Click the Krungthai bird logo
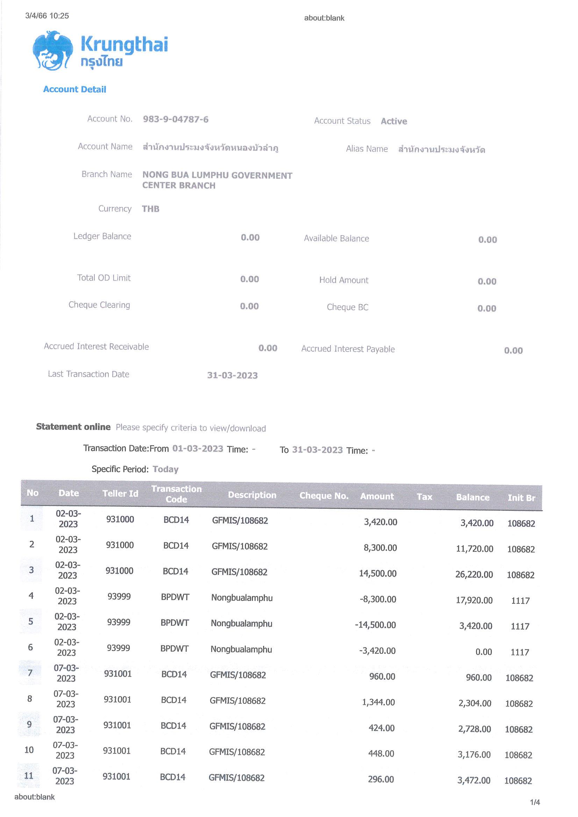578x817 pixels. coord(53,51)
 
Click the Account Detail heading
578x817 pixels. coord(74,89)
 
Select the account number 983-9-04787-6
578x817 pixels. coord(176,119)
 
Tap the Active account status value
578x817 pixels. coord(393,121)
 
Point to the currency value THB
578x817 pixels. coord(150,209)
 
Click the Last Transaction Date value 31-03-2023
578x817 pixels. coord(232,375)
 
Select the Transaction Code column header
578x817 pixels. coord(176,494)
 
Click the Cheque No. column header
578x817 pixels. coord(324,496)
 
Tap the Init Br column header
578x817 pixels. coord(521,498)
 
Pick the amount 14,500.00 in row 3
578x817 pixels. coord(378,573)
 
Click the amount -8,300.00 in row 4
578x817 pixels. coord(378,599)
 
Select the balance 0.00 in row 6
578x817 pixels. coord(483,652)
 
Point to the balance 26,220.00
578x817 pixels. coord(474,575)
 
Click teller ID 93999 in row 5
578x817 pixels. coord(119,622)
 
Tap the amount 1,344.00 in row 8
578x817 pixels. coord(378,702)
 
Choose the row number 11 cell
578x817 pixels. coord(28,776)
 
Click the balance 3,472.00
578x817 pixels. coord(474,780)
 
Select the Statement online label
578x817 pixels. coord(73,427)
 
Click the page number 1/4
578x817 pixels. coord(535,802)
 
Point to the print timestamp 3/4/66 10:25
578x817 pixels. coord(47,16)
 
